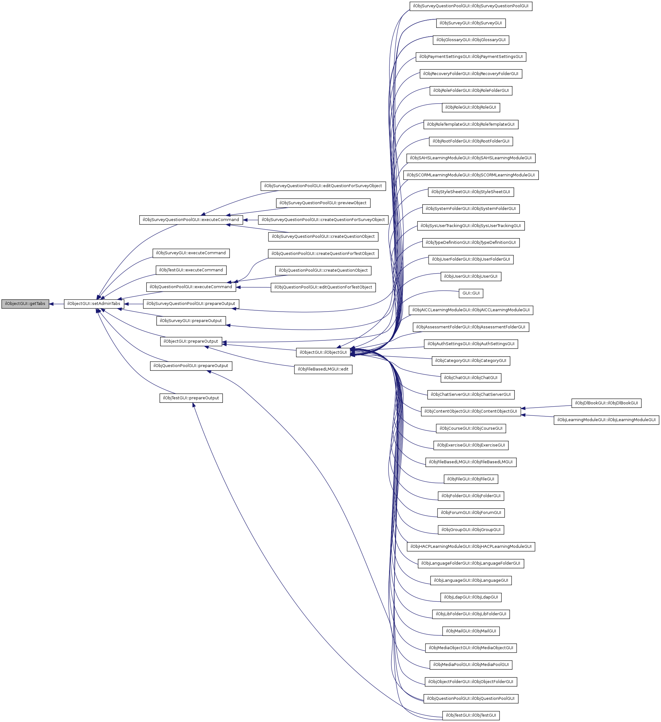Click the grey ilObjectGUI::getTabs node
pos(25,304)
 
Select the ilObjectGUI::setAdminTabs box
pos(94,304)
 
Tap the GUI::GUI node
pos(470,293)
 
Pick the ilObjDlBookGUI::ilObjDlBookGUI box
pos(606,403)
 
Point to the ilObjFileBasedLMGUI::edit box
pos(323,369)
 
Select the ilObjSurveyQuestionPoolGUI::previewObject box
pos(323,203)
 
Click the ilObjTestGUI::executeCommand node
pos(191,270)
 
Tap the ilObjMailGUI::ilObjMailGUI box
pos(470,631)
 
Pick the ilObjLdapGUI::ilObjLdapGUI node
pos(470,597)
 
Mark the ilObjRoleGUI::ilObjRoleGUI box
pos(470,107)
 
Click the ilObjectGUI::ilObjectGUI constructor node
pos(323,352)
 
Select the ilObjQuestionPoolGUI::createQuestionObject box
pos(323,270)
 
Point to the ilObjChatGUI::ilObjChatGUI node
pos(470,377)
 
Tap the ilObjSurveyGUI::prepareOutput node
pos(191,321)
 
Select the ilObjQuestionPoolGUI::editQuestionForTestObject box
pos(323,287)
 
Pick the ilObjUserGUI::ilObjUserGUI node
pos(470,276)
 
